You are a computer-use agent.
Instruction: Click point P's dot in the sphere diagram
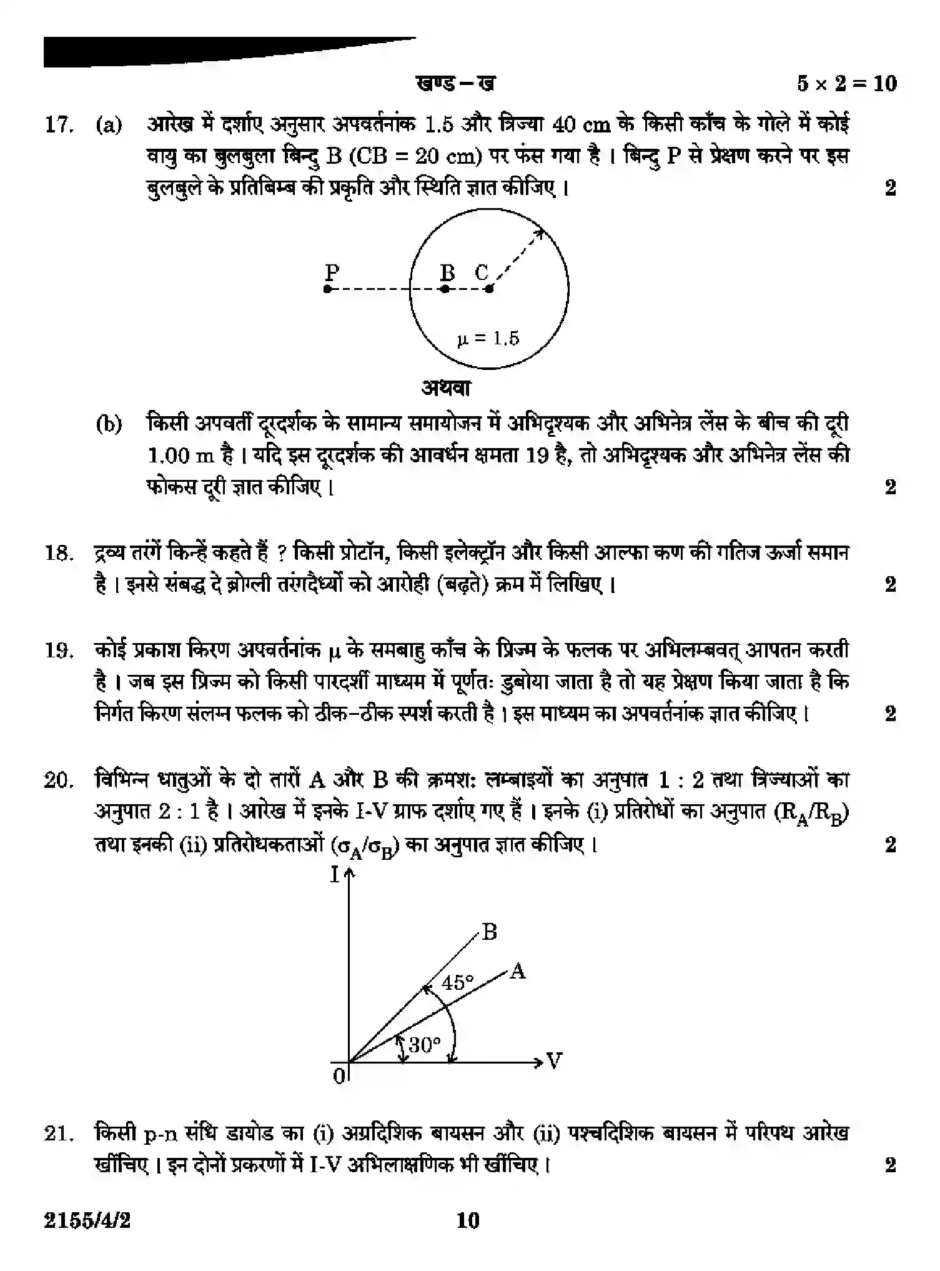pyautogui.click(x=327, y=289)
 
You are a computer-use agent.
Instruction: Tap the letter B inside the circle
pyautogui.click(x=447, y=272)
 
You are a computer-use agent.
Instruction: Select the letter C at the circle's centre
pyautogui.click(x=481, y=272)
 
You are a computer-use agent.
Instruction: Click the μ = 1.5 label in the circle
pyautogui.click(x=488, y=339)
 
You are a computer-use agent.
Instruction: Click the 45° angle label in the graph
pyautogui.click(x=458, y=983)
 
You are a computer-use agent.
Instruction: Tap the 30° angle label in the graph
pyautogui.click(x=425, y=1044)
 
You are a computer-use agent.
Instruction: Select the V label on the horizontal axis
pyautogui.click(x=554, y=1061)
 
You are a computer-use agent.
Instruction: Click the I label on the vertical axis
pyautogui.click(x=335, y=875)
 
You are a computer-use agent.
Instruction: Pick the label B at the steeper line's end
pyautogui.click(x=490, y=932)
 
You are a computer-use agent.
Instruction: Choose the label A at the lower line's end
pyautogui.click(x=517, y=972)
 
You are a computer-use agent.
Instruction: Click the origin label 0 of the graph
pyautogui.click(x=339, y=1077)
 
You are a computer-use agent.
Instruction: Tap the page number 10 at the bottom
pyautogui.click(x=468, y=1220)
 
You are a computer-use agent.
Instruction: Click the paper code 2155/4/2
pyautogui.click(x=87, y=1220)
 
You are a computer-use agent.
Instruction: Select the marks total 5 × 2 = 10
pyautogui.click(x=846, y=83)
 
